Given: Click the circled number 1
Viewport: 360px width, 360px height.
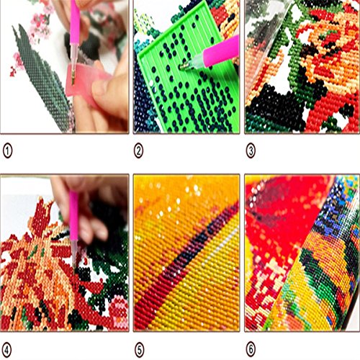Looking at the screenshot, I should coord(9,150).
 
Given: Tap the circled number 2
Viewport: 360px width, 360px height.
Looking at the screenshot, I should coord(140,150).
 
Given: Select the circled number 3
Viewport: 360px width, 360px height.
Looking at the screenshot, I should coord(252,150).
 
